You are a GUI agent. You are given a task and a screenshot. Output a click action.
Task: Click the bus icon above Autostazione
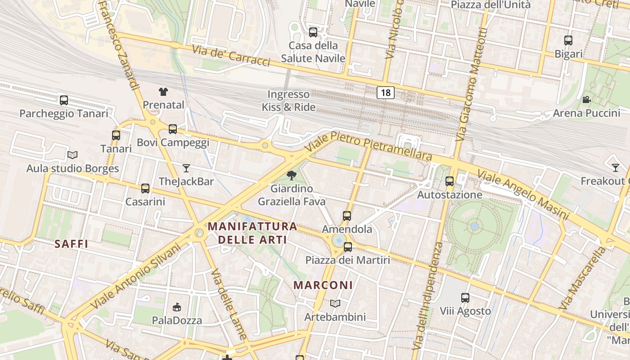point(449,181)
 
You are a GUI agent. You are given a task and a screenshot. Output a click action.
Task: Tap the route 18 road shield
point(386,93)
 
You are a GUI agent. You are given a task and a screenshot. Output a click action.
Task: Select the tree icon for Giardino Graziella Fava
point(292,175)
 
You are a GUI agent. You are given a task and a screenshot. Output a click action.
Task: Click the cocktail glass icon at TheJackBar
point(186,168)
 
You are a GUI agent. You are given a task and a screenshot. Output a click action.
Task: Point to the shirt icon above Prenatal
point(163,92)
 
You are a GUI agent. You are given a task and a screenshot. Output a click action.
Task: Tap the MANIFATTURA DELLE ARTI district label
point(252,233)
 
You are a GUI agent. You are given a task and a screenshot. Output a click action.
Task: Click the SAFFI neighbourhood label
point(71,244)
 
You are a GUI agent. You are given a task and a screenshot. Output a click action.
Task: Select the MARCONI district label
point(323,285)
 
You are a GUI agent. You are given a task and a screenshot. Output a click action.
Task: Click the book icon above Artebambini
point(335,303)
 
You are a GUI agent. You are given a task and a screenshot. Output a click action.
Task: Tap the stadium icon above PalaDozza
point(177,307)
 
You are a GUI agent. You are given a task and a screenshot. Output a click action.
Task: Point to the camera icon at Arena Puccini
point(586,99)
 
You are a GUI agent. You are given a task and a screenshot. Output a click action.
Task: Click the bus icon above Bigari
point(568,40)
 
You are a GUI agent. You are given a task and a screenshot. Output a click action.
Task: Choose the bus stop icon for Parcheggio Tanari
point(64,100)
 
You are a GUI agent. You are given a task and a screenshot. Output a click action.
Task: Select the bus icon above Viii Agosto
point(465,297)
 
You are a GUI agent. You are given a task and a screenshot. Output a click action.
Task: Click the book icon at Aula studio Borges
point(72,155)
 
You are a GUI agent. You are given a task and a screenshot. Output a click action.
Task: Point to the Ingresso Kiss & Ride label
point(288,101)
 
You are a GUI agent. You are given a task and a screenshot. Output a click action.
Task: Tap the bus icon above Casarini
point(145,188)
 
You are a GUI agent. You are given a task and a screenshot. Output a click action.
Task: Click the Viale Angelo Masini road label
point(523,194)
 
